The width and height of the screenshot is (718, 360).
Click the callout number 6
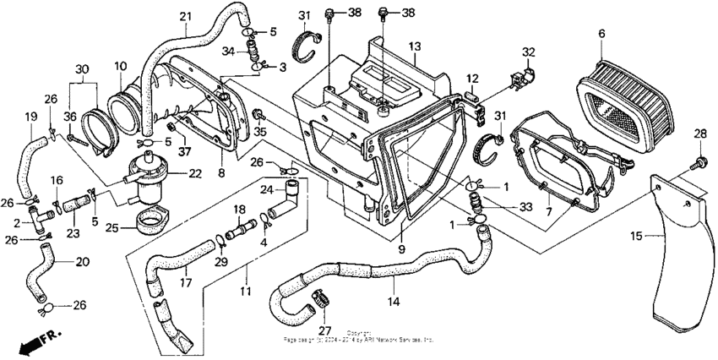point(602,33)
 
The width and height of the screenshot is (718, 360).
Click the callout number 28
point(700,134)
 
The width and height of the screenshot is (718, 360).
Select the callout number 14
point(393,301)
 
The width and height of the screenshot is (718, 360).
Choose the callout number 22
point(195,173)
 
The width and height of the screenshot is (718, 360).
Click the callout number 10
point(120,65)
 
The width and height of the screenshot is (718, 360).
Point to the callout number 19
point(30,117)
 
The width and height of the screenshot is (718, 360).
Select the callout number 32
point(528,52)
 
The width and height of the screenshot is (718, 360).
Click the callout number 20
point(81,262)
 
